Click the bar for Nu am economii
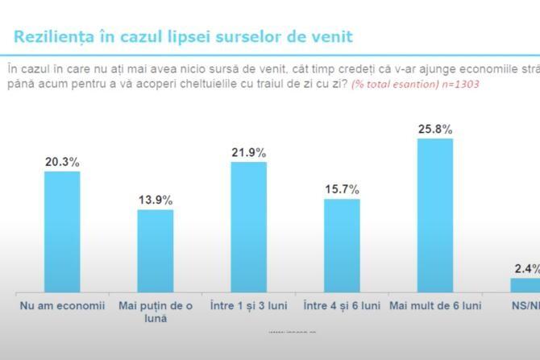point(62,231)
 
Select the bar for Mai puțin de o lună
point(156,250)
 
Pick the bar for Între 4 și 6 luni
point(342,245)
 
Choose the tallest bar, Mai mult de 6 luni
point(435,215)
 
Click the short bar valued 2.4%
point(525,284)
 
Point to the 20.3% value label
point(62,162)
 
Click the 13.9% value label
point(156,201)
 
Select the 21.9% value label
point(248,152)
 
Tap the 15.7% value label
point(342,189)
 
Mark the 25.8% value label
point(435,129)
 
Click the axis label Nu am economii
point(61,306)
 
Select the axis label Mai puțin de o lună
point(155,312)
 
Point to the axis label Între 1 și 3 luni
point(248,306)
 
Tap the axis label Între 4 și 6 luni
point(342,306)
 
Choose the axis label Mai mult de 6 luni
point(435,306)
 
